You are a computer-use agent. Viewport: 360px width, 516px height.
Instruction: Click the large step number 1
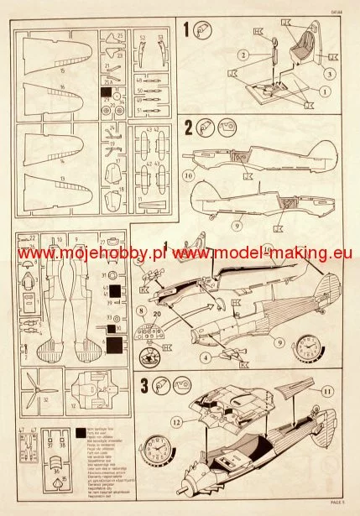pyautogui.click(x=186, y=31)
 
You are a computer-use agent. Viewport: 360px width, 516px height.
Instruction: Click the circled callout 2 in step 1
pyautogui.click(x=242, y=56)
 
